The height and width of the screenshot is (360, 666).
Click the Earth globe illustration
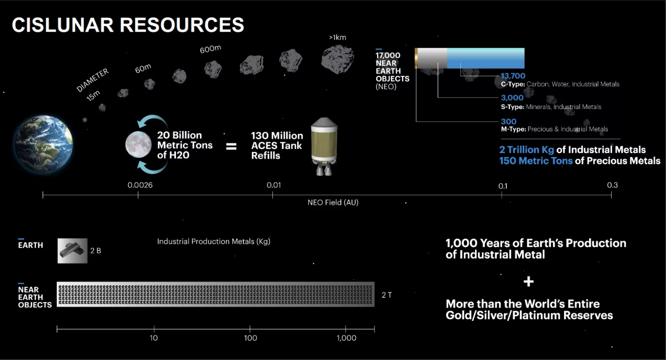click(x=44, y=144)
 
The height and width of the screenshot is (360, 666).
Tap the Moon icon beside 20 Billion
click(x=138, y=145)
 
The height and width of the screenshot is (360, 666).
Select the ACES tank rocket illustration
click(x=324, y=146)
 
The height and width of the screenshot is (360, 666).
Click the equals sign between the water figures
click(x=231, y=146)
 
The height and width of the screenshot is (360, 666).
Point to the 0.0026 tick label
click(x=140, y=185)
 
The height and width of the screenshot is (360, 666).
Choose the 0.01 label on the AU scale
click(x=274, y=185)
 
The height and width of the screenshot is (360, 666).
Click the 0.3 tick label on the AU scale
click(x=613, y=185)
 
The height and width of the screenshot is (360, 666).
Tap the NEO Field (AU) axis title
click(x=333, y=202)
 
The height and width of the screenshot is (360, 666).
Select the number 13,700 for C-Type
click(x=513, y=76)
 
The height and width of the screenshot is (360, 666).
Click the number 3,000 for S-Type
click(x=512, y=98)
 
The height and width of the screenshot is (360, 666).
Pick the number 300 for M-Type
click(x=508, y=121)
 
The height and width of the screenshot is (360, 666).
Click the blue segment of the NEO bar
click(x=486, y=58)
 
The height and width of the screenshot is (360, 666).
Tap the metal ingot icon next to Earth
click(x=73, y=251)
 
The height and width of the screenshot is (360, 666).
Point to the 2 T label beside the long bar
click(x=387, y=295)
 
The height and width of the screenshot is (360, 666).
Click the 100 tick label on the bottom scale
click(x=251, y=338)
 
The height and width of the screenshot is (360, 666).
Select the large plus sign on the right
click(x=528, y=281)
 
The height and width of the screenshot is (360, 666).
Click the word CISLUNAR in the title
click(x=63, y=25)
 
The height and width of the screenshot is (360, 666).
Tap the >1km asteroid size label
click(x=338, y=37)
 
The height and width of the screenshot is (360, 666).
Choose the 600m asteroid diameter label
click(x=211, y=49)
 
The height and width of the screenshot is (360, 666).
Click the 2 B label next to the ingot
click(x=96, y=250)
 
